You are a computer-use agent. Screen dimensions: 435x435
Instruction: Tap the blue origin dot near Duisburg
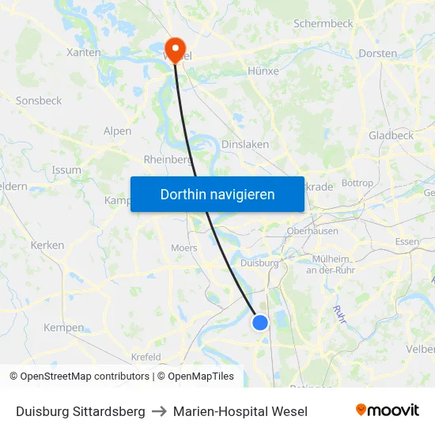point(260,322)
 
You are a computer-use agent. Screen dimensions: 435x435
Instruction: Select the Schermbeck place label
point(323,24)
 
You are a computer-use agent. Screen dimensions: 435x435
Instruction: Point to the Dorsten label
point(378,54)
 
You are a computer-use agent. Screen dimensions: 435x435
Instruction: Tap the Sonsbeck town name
point(39,101)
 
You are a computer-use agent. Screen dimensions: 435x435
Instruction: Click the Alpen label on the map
point(118,131)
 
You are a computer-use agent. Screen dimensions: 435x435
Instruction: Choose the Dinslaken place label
point(244,145)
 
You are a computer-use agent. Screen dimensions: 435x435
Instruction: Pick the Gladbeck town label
point(391,135)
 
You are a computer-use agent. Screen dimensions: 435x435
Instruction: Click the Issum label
point(66,170)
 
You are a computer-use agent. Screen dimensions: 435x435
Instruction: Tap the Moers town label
point(183,248)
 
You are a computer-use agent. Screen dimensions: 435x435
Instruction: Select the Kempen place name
point(63,327)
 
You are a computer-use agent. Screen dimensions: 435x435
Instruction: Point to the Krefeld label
point(146,357)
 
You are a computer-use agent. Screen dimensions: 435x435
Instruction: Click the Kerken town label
point(47,245)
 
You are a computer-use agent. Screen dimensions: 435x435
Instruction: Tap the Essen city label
point(407,242)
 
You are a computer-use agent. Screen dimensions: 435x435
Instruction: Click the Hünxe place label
point(263,70)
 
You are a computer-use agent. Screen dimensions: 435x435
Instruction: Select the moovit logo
point(388,410)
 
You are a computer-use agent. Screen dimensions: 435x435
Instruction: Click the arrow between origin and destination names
point(159,411)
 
